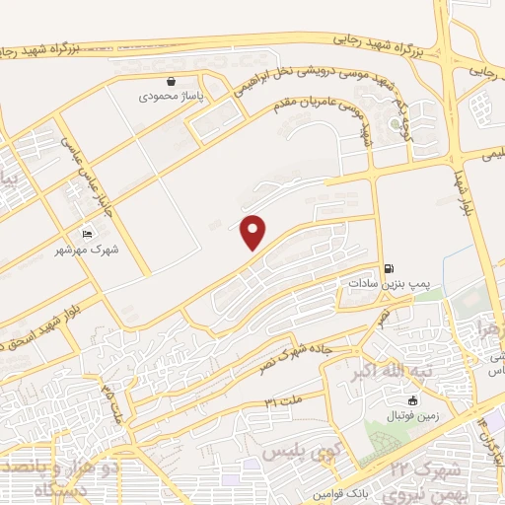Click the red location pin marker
[x=253, y=232]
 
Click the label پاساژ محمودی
[x=164, y=98]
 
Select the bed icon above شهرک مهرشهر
[x=88, y=234]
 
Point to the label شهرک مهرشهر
[x=87, y=251]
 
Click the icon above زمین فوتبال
[x=412, y=400]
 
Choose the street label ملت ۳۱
[x=283, y=399]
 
